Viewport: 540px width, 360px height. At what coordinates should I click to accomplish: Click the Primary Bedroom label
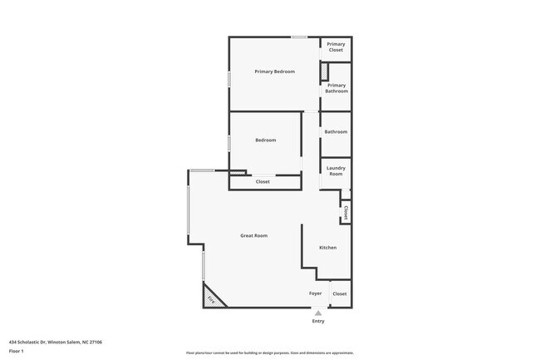pos(274,72)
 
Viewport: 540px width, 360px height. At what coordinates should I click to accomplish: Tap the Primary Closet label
pos(336,47)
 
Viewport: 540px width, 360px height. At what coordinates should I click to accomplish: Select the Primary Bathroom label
pos(336,88)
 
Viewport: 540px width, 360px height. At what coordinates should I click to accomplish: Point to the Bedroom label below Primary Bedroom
pos(265,140)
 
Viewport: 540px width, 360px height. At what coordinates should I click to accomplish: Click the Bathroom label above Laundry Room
pos(336,132)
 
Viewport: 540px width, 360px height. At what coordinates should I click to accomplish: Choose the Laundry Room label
pos(336,170)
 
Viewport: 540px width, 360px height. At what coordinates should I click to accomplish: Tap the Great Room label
pos(253,235)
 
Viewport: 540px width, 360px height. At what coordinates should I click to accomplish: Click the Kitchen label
pos(327,248)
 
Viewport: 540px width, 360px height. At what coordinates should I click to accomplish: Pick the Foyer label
pos(316,293)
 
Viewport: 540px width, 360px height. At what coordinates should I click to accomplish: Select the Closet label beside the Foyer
pos(339,293)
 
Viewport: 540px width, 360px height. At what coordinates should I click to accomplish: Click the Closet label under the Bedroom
pos(263,181)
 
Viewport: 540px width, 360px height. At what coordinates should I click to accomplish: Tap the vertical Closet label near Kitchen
pos(346,213)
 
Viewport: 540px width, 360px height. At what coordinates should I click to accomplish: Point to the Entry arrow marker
pos(317,313)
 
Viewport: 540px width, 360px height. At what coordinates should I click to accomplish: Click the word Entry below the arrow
pos(317,321)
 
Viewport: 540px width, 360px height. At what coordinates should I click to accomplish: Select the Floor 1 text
pos(17,352)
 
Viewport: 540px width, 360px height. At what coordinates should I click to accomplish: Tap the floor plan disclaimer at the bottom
pos(269,353)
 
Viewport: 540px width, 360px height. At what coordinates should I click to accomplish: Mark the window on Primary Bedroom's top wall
pos(299,37)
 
